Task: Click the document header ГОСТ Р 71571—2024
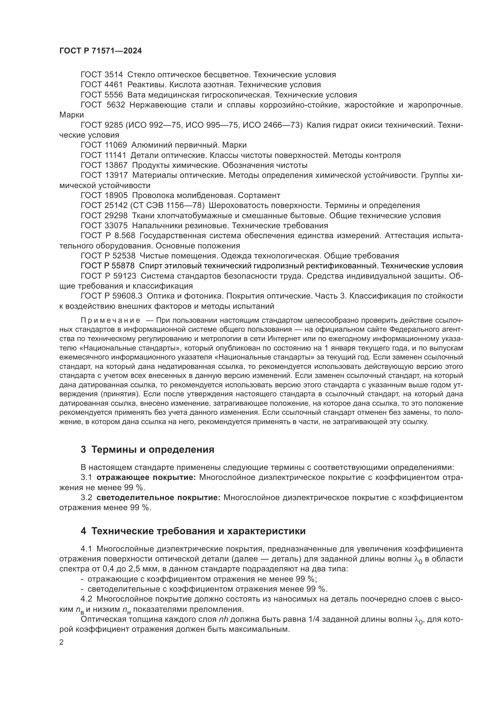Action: tap(100, 51)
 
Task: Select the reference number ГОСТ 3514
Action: tap(101, 75)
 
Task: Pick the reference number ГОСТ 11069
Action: tap(103, 145)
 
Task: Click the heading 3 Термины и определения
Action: tap(148, 449)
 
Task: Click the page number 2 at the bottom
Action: tap(62, 642)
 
